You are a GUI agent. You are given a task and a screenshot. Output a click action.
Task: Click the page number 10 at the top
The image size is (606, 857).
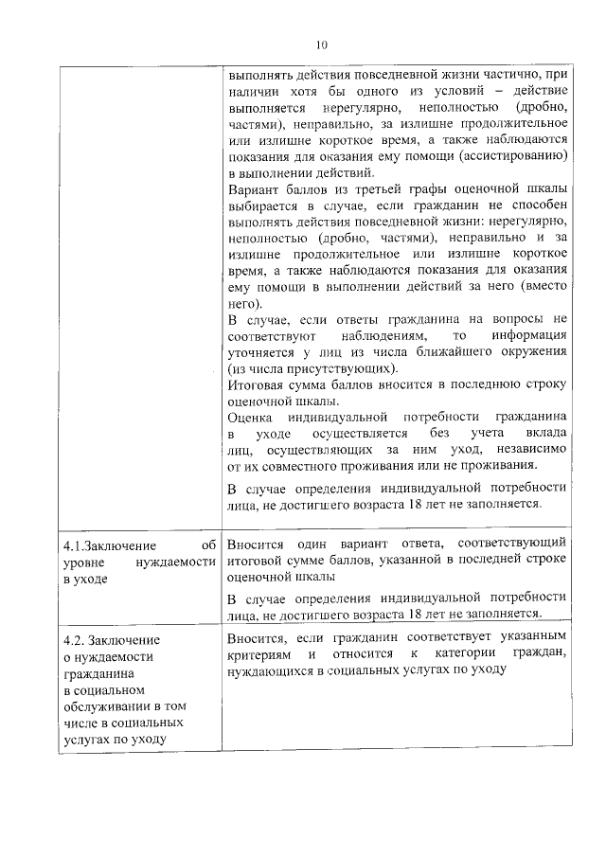click(321, 45)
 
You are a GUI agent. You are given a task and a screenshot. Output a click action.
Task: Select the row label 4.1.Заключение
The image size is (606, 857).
click(107, 545)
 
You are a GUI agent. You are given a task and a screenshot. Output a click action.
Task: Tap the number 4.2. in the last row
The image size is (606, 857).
click(76, 639)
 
